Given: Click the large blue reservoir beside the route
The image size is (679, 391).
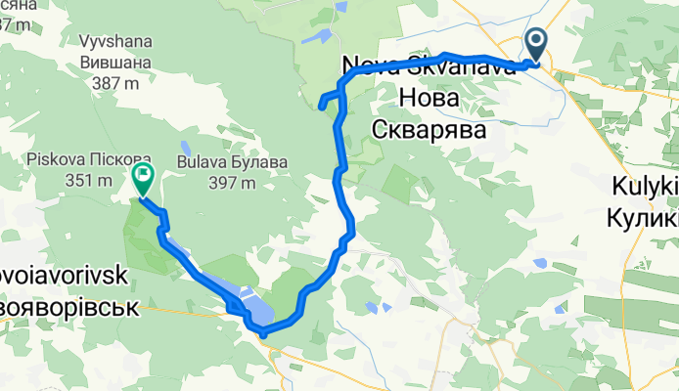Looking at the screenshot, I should pos(256,308).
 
